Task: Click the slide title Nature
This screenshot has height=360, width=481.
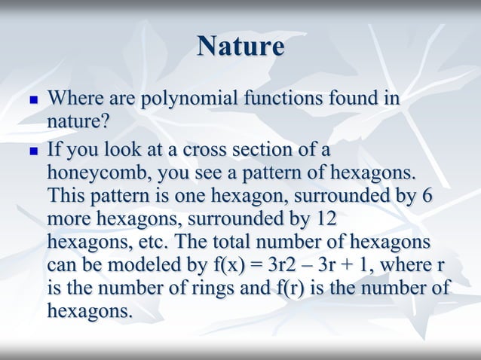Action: pyautogui.click(x=240, y=47)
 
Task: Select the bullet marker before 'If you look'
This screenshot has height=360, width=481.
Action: pyautogui.click(x=32, y=150)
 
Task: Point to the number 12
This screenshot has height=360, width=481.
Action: pyautogui.click(x=321, y=219)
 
